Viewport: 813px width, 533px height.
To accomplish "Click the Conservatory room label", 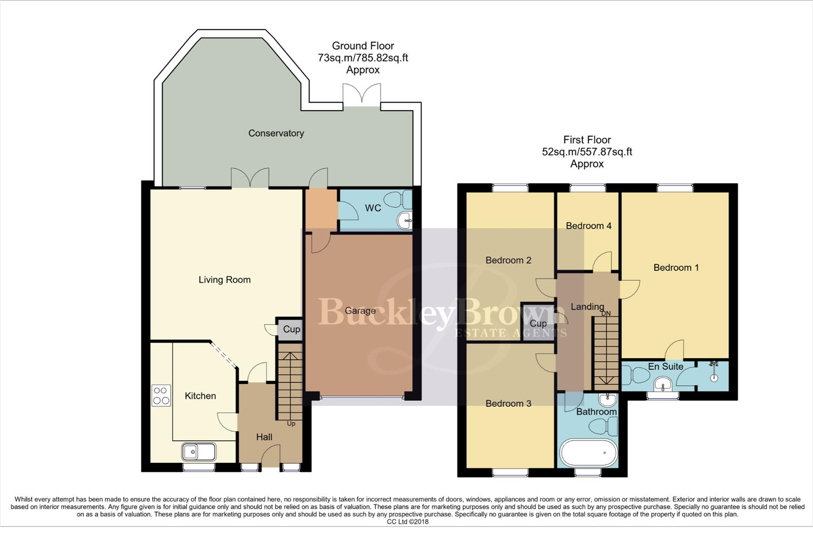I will (x=276, y=133).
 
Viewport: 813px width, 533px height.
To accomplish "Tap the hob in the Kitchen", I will (x=161, y=395).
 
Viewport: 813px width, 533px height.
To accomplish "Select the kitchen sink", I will (x=199, y=452).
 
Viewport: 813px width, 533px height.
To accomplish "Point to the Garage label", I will (x=360, y=311).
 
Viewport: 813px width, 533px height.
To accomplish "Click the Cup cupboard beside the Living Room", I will (x=291, y=329).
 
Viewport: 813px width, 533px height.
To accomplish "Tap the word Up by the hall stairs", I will (x=291, y=423).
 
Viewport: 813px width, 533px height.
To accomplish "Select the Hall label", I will (x=264, y=437).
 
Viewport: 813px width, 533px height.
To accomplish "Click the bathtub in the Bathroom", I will (x=588, y=453).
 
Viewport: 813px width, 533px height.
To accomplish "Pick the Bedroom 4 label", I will (x=588, y=226).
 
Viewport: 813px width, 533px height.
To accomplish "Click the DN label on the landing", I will (x=606, y=313).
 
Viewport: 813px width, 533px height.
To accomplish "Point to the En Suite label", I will (x=665, y=366).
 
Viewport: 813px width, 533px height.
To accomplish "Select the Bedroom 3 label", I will (x=508, y=404).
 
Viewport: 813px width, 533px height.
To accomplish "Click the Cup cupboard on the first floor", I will (x=538, y=323).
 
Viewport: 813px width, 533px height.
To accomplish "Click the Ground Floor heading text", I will (x=363, y=46).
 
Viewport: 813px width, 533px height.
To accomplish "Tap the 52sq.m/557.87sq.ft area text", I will (x=587, y=152).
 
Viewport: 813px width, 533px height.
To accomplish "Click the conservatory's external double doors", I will (x=362, y=95).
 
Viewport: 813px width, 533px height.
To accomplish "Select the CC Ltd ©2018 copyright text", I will (x=407, y=522).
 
